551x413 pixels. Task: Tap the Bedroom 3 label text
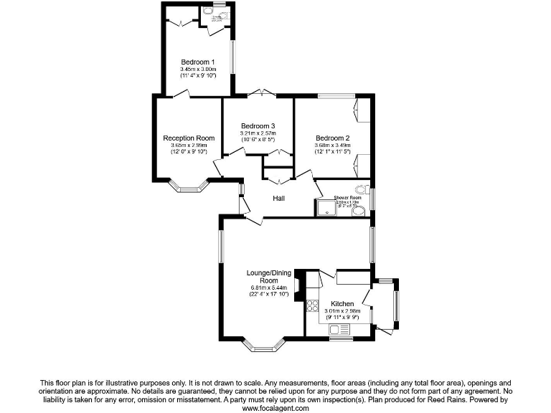[x=258, y=125]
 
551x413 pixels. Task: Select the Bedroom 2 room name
[x=332, y=138]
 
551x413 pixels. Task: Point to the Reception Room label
[x=189, y=138]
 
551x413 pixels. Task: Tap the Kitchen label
[x=342, y=304]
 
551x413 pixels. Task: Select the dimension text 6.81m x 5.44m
[x=268, y=288]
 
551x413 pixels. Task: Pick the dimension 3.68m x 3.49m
[x=332, y=145]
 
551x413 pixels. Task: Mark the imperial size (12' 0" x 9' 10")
[x=189, y=152]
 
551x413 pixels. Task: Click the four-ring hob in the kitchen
[x=314, y=306]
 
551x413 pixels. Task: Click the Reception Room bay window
[x=189, y=187]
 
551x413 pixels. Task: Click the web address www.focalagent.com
[x=275, y=408]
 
